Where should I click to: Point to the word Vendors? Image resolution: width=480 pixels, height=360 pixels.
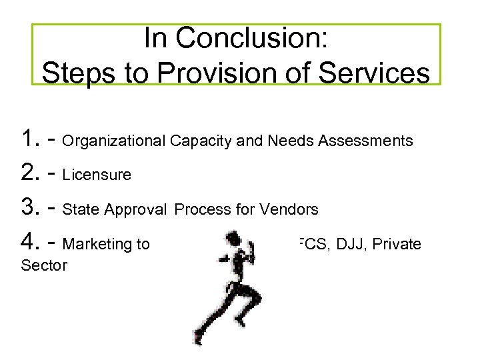[293, 210]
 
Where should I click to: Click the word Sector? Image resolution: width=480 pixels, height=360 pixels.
[44, 266]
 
